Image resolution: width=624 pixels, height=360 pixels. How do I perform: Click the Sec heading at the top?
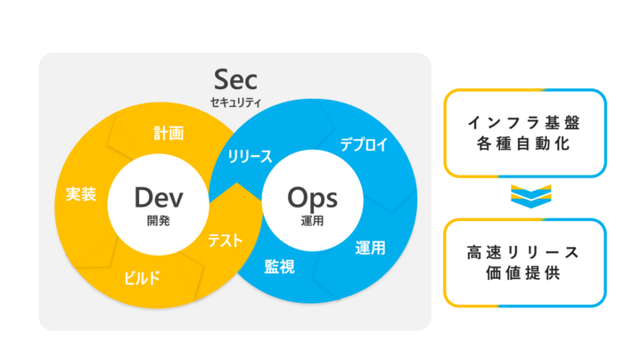tap(235, 79)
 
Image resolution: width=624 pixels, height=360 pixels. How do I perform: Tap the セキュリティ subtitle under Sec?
tap(235, 102)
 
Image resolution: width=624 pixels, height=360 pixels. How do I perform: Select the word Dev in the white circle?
tap(159, 197)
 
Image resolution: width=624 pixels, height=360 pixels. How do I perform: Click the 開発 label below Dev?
tap(159, 220)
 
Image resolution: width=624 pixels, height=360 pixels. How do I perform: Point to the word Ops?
tap(312, 199)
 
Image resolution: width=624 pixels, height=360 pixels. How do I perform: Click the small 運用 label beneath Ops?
tap(312, 220)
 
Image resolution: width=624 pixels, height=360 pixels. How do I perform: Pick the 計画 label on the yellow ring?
tap(168, 134)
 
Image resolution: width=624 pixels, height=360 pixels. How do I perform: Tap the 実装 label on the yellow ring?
tap(81, 194)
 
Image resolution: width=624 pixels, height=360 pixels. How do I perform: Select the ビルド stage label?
tap(142, 278)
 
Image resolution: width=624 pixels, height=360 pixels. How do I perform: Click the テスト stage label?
tap(226, 241)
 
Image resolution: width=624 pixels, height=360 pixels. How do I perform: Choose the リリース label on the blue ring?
tap(250, 157)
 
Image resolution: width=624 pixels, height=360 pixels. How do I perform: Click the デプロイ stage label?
tap(364, 144)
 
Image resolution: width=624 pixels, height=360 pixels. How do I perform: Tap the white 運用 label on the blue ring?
tap(371, 249)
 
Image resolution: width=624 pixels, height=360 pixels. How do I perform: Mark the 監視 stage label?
tap(280, 266)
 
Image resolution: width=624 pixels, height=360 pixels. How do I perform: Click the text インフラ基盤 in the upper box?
tap(524, 123)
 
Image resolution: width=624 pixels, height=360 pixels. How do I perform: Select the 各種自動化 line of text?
tap(524, 143)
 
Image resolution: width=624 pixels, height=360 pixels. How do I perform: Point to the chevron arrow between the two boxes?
tap(531, 196)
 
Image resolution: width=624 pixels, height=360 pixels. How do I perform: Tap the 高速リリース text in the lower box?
tap(523, 252)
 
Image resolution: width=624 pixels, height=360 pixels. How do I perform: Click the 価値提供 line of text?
tap(523, 274)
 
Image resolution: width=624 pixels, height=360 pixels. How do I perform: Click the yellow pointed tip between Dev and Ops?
tap(237, 184)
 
